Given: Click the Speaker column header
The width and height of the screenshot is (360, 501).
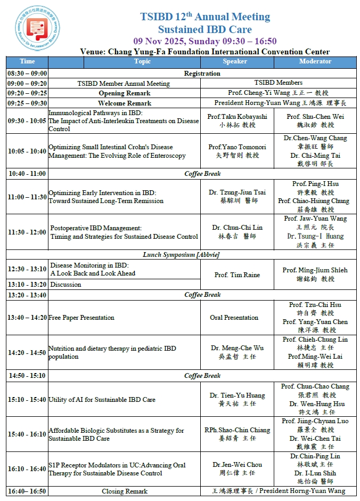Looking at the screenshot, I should click(x=235, y=61).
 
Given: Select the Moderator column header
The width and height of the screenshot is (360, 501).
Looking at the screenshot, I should click(x=315, y=61).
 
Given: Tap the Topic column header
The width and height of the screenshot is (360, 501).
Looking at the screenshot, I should click(x=142, y=61).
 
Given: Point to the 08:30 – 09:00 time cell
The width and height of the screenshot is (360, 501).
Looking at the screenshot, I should click(x=27, y=74).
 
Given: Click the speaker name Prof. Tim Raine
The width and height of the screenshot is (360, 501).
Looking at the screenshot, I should click(x=237, y=275).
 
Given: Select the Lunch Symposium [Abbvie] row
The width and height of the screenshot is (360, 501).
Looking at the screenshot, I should click(x=181, y=255).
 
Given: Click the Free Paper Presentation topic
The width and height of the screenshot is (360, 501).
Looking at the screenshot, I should click(x=82, y=318).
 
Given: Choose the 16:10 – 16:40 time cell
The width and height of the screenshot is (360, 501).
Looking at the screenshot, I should click(x=27, y=470).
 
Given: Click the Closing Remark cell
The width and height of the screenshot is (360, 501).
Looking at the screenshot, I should click(x=125, y=491).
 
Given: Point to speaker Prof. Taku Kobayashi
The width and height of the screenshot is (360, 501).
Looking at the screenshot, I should click(x=238, y=117).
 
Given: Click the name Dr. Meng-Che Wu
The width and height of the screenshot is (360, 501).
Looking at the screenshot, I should click(x=238, y=348).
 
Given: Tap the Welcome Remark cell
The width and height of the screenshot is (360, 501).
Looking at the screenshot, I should click(x=125, y=103).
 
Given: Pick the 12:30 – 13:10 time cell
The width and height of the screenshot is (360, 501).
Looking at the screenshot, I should click(x=27, y=269).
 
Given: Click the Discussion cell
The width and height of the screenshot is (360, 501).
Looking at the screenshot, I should click(x=66, y=285).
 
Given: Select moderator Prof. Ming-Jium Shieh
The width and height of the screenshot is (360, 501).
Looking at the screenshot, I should click(x=315, y=270).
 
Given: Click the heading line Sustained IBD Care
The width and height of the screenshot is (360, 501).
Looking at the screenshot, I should click(x=204, y=29).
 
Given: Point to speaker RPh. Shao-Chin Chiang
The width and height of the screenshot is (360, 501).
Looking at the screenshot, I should click(x=238, y=430).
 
